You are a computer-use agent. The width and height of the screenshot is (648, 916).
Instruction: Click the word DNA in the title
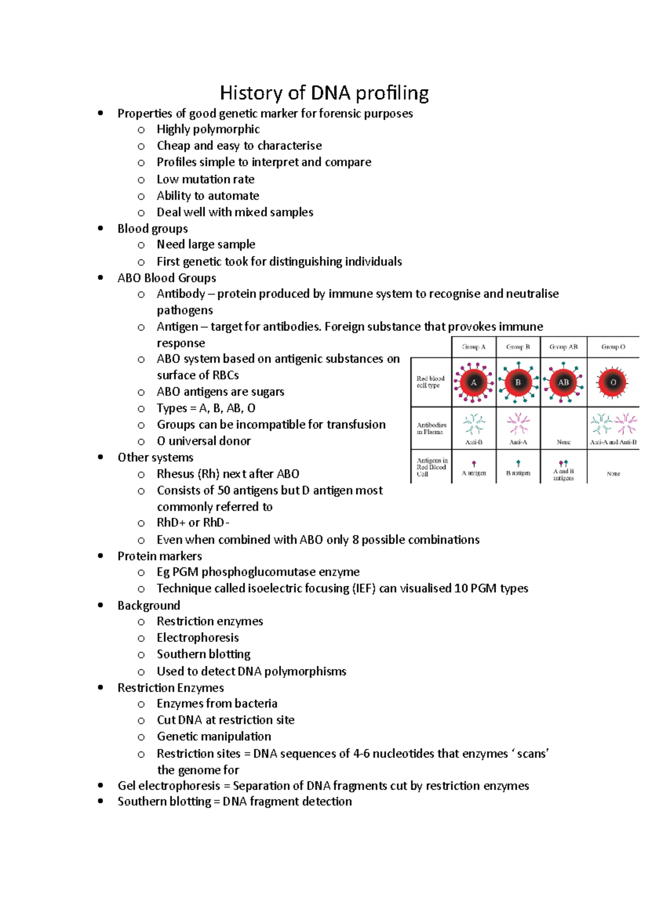(329, 93)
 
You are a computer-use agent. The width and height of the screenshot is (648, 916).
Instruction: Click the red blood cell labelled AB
(563, 382)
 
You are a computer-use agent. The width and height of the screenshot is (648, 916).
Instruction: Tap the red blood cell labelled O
(613, 382)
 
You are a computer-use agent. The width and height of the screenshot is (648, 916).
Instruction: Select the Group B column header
(518, 347)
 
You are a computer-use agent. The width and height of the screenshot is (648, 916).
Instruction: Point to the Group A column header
(474, 347)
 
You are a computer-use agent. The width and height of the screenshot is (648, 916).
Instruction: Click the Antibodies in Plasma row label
(431, 428)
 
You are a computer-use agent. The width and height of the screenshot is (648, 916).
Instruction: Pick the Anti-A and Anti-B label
(613, 442)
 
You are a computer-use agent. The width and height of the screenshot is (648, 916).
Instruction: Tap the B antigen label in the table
(518, 473)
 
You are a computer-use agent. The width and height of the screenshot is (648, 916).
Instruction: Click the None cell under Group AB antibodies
(563, 442)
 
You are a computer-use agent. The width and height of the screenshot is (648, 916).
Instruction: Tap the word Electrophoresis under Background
(198, 638)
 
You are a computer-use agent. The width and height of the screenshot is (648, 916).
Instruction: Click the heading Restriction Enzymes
(171, 688)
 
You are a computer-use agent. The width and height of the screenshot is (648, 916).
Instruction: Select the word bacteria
(256, 703)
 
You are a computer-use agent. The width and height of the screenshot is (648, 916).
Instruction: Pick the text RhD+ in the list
(171, 523)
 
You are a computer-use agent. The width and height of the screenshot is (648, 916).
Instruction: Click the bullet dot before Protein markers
(100, 556)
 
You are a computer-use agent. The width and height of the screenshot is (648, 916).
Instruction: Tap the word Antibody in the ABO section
(181, 294)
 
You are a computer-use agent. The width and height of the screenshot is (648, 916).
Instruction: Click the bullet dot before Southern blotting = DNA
(100, 802)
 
